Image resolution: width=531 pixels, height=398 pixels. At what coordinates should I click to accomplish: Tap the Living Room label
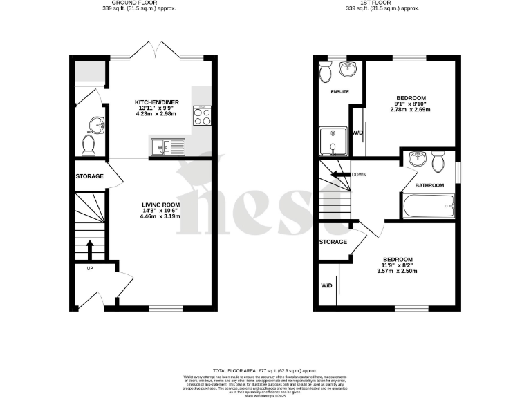[160, 205]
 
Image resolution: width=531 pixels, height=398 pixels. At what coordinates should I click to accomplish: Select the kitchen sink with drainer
[167, 146]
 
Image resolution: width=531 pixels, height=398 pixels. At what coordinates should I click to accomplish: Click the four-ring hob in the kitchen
[202, 115]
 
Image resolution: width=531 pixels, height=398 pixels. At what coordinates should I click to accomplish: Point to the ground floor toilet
[88, 144]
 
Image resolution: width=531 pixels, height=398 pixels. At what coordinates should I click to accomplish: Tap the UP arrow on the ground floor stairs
[90, 247]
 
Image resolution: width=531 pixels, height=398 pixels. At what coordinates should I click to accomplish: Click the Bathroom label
[429, 186]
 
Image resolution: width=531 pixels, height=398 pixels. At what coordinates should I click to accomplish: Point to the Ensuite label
[339, 91]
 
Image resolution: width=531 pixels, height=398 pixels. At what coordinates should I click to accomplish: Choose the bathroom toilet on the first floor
[438, 162]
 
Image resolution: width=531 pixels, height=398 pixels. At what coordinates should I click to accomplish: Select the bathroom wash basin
[417, 159]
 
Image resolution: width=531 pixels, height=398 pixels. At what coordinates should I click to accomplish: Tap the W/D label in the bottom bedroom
[326, 285]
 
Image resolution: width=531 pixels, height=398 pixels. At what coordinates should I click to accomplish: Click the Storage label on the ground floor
[90, 176]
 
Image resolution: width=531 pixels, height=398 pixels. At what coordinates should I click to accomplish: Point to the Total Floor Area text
[265, 370]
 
